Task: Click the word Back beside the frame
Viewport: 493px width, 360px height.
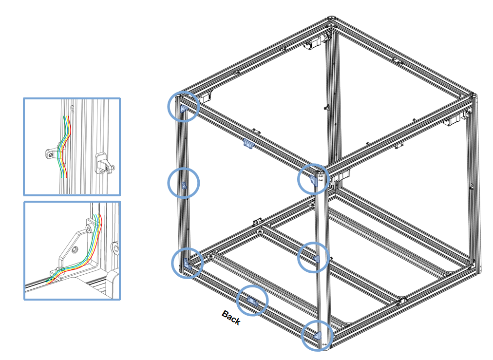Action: point(231,318)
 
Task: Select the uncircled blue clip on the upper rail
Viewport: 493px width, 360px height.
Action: point(249,143)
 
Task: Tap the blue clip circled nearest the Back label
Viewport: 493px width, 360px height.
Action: point(252,301)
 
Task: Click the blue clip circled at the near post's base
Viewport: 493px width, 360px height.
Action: point(318,336)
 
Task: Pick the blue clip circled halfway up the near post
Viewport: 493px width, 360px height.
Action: point(317,259)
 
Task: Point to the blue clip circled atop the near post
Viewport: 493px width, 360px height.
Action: point(314,180)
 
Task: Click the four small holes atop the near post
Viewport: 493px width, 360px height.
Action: point(321,179)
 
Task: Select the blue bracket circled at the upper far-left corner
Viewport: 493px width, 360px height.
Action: point(184,109)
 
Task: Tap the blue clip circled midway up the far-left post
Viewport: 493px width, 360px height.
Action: point(184,186)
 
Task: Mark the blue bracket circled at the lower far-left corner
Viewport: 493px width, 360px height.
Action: point(187,264)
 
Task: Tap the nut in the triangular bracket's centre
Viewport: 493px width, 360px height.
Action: point(75,250)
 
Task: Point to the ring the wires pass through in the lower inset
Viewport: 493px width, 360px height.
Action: point(60,270)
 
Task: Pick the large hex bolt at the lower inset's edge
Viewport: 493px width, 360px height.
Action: point(115,248)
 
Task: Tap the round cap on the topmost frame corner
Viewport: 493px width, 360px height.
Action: point(331,18)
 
